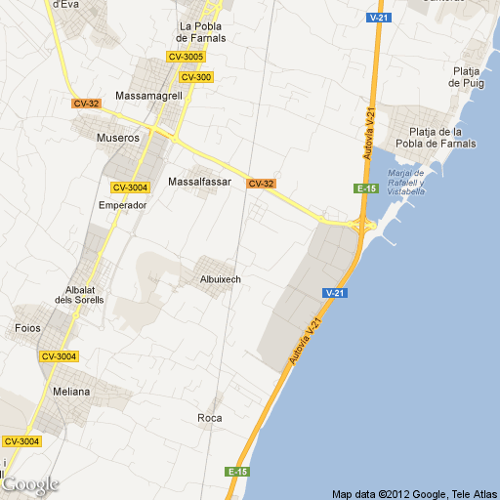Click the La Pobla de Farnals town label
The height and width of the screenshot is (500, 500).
pos(202,32)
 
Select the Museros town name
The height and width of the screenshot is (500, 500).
pos(118,138)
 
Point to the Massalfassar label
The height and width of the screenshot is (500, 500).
pos(199,182)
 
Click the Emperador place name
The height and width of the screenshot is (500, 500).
pos(123,205)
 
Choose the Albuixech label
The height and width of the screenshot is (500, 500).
pos(220,279)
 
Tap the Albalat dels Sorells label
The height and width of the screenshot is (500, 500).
pos(78,295)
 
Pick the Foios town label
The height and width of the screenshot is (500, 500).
pos(28,328)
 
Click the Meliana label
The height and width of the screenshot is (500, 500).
pos(71,392)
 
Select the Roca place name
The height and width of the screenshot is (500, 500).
pos(209,418)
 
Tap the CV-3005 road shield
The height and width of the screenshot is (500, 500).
pos(186,57)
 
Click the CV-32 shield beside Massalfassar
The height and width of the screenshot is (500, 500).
pos(261,184)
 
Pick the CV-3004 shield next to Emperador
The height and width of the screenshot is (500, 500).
pos(130,187)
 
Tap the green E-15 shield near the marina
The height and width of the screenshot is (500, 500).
pos(366,187)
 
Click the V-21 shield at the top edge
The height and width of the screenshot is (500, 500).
pos(380,18)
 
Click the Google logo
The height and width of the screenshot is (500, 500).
pos(30,483)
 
